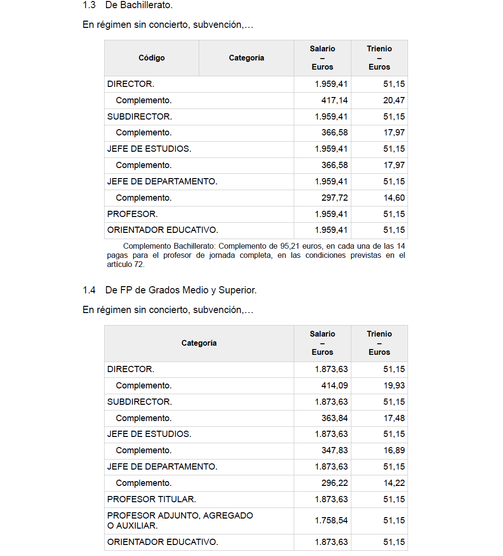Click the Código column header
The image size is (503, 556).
point(152,58)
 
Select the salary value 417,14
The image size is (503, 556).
point(335,100)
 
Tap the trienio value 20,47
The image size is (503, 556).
point(394,100)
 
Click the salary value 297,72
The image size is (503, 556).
point(335,198)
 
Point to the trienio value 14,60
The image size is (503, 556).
point(394,198)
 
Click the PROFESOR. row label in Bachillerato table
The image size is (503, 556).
point(132,214)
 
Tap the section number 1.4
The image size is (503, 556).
point(89,290)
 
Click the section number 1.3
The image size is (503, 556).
point(89,5)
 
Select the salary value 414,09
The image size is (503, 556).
point(335,386)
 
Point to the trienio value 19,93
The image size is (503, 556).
point(394,386)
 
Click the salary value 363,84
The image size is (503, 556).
point(335,418)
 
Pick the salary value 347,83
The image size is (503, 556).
point(335,450)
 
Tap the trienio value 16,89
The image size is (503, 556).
point(394,450)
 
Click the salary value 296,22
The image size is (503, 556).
point(335,483)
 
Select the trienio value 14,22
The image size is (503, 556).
point(394,483)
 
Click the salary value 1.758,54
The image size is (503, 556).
point(331,520)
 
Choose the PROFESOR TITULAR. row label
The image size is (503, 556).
point(152,499)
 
